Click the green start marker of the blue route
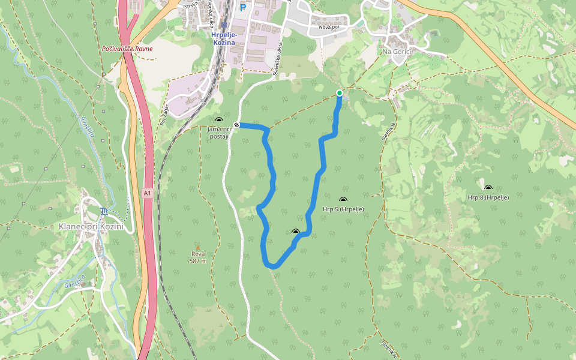[340, 93]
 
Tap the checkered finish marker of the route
[237, 125]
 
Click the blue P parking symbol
[243, 8]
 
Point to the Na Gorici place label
[399, 52]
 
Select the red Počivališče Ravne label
[127, 49]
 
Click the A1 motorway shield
[148, 193]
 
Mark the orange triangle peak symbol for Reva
[198, 247]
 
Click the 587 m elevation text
[198, 260]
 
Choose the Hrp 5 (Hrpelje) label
[343, 209]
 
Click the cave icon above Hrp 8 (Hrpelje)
[488, 188]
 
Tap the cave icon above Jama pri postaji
[218, 120]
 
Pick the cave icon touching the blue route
[295, 231]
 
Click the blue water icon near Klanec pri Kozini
[105, 211]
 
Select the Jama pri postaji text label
[219, 133]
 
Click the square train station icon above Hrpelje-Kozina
[224, 25]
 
